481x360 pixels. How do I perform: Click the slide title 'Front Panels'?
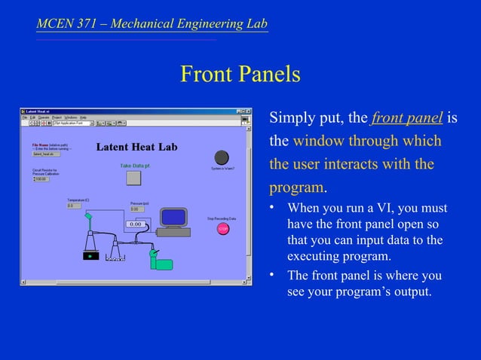240,75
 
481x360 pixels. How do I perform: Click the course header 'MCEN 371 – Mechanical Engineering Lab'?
152,24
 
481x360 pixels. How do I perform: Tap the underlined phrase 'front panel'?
407,118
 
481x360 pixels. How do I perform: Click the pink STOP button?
222,228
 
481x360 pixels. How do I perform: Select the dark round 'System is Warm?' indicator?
221,157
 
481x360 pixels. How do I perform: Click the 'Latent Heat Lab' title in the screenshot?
136,147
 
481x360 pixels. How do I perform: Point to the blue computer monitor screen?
175,218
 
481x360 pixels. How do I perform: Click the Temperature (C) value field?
74,205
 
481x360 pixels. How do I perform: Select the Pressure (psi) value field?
138,209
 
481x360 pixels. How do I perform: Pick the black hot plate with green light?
91,255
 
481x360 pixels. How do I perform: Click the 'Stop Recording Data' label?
222,218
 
